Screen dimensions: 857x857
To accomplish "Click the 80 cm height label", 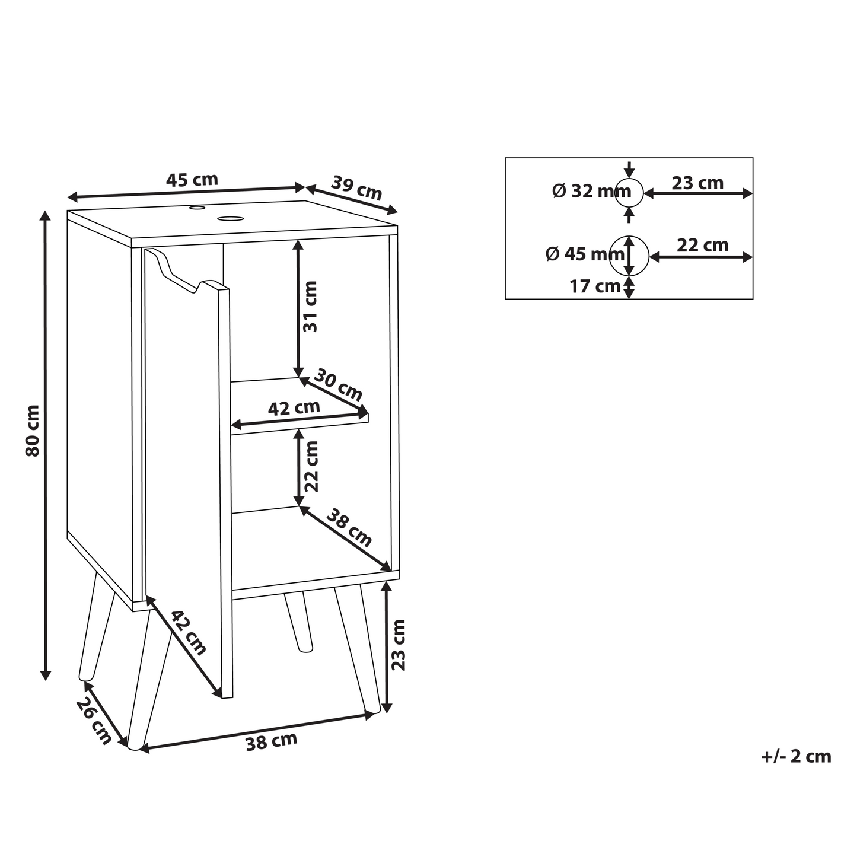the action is pyautogui.click(x=33, y=431).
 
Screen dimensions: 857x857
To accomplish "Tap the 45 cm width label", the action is pyautogui.click(x=192, y=180).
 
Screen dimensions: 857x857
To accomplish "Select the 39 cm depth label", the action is pyautogui.click(x=357, y=187).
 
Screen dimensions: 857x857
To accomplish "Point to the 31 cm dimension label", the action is pyautogui.click(x=310, y=307).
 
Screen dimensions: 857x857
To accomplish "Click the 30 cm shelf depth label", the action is pyautogui.click(x=339, y=386).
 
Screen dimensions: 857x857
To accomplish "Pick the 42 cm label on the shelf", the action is pyautogui.click(x=294, y=408).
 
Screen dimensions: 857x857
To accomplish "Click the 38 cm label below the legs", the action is pyautogui.click(x=272, y=741).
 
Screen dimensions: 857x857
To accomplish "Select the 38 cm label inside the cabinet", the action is pyautogui.click(x=349, y=528).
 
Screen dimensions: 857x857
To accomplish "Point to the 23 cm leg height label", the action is pyautogui.click(x=399, y=645).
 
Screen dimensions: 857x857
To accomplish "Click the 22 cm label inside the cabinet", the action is pyautogui.click(x=312, y=467).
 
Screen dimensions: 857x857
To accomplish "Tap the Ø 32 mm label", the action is pyautogui.click(x=591, y=191).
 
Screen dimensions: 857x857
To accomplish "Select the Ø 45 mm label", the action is pyautogui.click(x=585, y=254).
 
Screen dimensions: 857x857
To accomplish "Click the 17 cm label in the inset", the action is pyautogui.click(x=595, y=286).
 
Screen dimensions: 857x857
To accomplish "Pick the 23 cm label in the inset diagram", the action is pyautogui.click(x=698, y=183).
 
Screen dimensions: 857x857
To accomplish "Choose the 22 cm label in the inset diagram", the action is pyautogui.click(x=703, y=245).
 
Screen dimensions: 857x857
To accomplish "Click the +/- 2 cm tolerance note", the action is pyautogui.click(x=796, y=757).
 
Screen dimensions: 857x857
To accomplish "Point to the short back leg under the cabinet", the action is pyautogui.click(x=298, y=622).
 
